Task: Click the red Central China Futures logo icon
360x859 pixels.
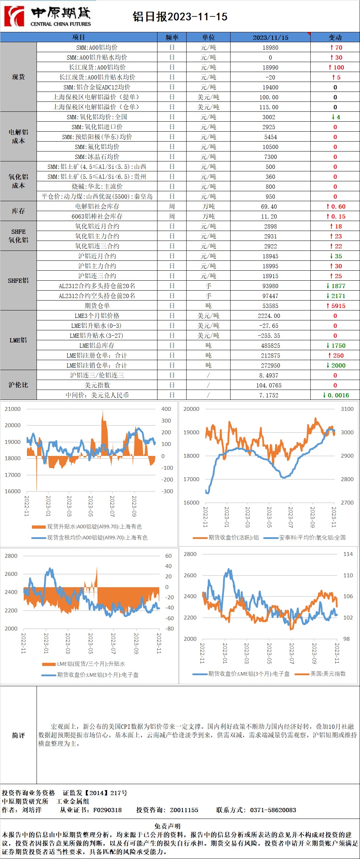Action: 14,16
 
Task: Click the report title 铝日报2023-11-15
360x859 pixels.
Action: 180,17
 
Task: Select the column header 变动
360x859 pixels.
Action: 335,37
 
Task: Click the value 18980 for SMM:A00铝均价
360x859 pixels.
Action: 270,48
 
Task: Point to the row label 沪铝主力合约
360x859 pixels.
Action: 97,266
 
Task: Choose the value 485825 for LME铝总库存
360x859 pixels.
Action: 270,346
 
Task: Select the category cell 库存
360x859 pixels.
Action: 18,211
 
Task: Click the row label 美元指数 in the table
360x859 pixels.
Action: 97,385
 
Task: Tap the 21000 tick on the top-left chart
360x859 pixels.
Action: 12,409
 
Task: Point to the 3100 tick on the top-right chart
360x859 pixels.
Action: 347,409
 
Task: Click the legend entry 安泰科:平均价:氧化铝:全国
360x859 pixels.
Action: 312,538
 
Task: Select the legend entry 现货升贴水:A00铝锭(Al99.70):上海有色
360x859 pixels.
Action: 94,527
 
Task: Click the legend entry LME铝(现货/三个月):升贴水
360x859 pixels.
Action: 91,664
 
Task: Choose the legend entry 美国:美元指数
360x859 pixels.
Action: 328,674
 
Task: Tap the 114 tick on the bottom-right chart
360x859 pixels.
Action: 348,554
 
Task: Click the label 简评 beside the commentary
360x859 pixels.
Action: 18,736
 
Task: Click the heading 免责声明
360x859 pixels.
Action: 167,826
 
